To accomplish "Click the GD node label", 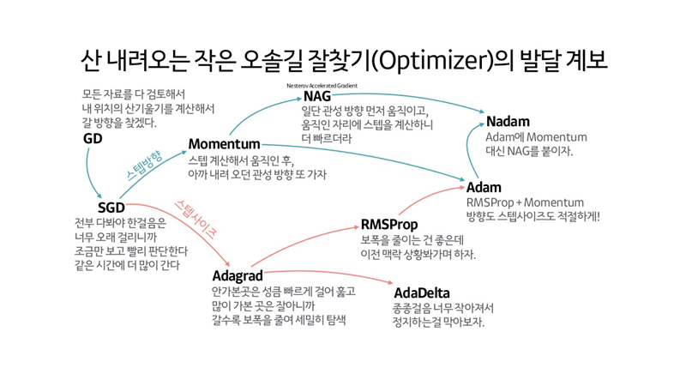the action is point(93,139).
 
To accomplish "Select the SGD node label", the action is point(111,208).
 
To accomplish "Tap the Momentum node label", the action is point(224,143).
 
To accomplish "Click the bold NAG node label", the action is point(317,96).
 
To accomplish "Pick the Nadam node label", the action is point(508,122).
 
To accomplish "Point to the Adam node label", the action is point(484,187).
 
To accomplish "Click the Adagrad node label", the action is point(238,276).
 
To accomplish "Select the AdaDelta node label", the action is point(421,293).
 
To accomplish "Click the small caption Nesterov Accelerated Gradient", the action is point(322,86).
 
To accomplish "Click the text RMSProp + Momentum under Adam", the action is point(524,202).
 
